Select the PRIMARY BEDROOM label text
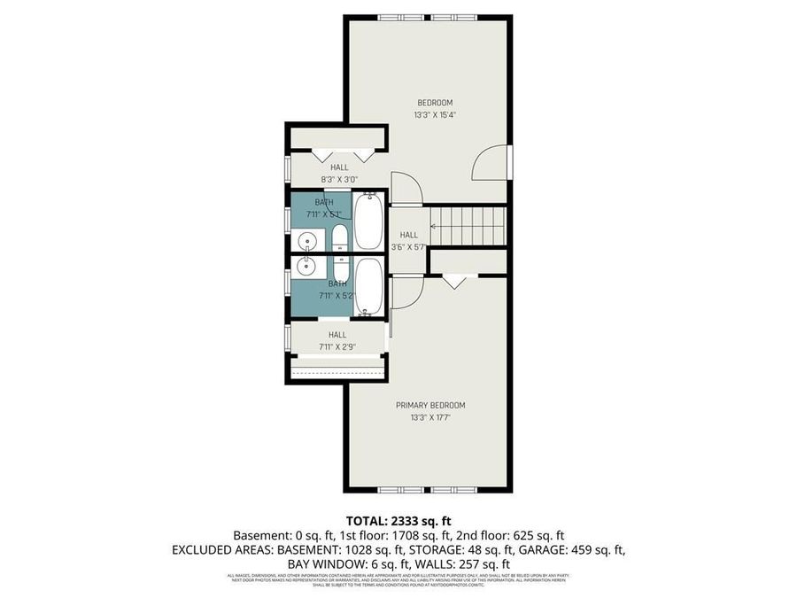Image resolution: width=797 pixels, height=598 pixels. click(429, 405)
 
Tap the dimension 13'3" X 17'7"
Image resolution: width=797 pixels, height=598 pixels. click(429, 417)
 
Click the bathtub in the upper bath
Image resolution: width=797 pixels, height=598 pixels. click(368, 221)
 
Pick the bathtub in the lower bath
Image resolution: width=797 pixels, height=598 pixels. click(368, 285)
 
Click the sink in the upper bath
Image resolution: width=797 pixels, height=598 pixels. click(307, 239)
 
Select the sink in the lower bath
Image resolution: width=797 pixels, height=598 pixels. click(307, 265)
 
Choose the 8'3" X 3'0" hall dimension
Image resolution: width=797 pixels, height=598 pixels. click(339, 179)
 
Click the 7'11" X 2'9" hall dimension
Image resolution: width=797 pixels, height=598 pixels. click(337, 347)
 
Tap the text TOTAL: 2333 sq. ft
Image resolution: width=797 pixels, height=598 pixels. click(398, 521)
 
